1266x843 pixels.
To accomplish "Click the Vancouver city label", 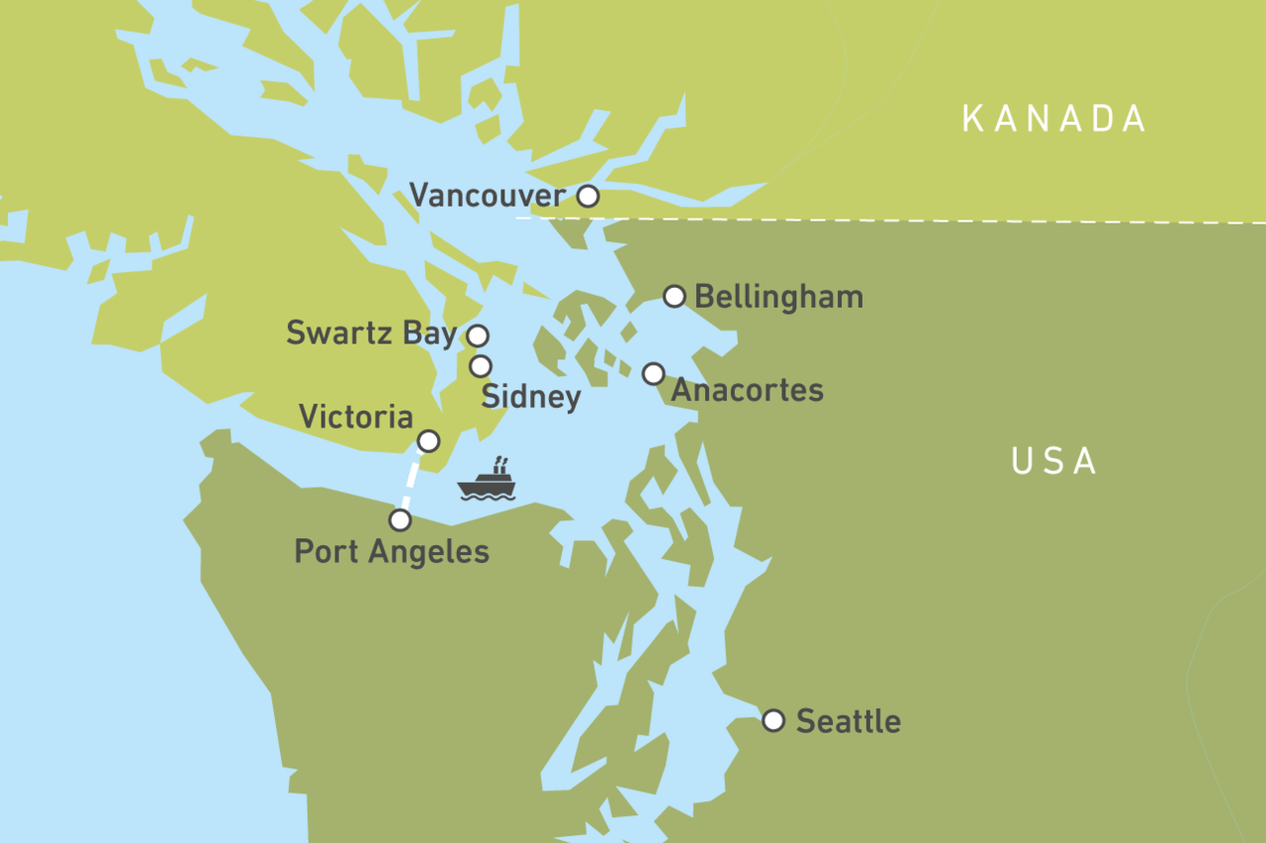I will click(487, 196).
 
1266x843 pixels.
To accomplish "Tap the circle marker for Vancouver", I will click(588, 196).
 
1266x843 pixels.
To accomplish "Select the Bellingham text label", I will click(778, 297).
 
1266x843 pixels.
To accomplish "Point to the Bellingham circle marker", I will click(674, 296).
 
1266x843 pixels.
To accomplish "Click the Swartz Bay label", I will click(371, 333).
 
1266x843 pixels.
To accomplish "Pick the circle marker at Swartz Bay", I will click(478, 335).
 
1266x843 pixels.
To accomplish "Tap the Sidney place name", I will click(530, 397).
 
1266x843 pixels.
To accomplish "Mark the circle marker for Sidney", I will click(480, 366).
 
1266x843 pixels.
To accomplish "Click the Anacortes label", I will click(747, 390).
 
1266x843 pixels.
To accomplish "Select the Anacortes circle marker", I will click(653, 373).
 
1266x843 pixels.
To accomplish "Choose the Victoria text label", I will click(355, 417).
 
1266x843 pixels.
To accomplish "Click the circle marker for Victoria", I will click(428, 440).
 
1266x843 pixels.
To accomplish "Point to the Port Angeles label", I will click(392, 551).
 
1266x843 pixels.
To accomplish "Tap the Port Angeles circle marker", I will click(400, 519).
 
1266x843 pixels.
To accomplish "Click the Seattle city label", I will click(848, 721).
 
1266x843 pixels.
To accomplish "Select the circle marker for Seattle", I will click(773, 719).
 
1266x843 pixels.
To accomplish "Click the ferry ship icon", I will click(487, 480).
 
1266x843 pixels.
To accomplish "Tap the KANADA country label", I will click(1054, 119).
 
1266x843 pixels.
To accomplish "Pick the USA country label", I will click(1054, 461).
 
